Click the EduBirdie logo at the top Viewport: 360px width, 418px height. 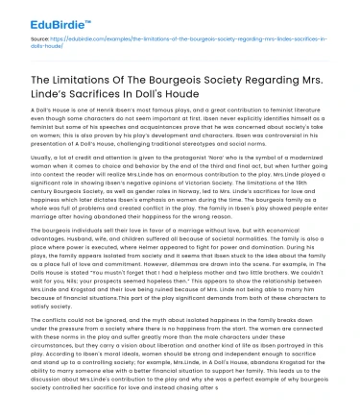click(46, 17)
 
